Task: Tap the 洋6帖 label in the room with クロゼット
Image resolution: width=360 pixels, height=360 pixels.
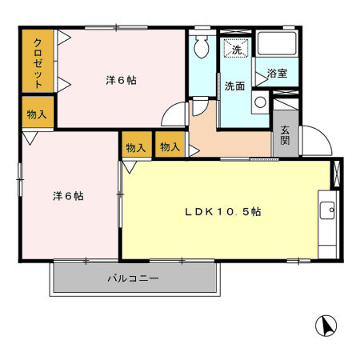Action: [120, 81]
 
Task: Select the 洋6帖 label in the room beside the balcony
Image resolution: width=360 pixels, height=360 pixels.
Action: [69, 195]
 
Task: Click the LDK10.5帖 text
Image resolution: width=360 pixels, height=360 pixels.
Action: [223, 212]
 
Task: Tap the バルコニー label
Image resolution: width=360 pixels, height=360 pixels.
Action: [134, 279]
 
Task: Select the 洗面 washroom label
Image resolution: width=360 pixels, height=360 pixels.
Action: [234, 86]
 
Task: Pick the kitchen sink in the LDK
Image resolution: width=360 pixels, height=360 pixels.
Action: [326, 210]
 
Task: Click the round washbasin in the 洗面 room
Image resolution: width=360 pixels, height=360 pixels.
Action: [261, 102]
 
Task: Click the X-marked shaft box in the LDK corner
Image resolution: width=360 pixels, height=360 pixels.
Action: [336, 173]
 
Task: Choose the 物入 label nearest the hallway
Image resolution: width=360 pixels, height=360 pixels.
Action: [169, 147]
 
